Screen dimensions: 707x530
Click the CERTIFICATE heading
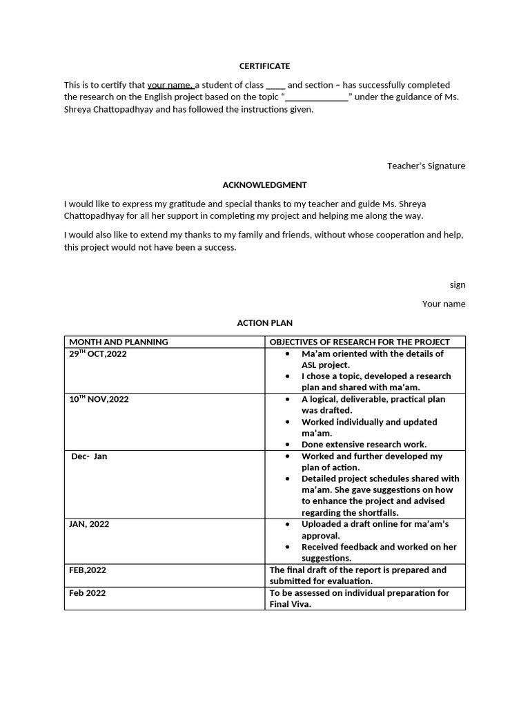264,66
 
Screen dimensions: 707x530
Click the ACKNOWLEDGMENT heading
264,185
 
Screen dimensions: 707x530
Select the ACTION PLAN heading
264,323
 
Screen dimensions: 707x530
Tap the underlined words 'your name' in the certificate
170,85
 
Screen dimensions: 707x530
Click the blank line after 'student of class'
275,86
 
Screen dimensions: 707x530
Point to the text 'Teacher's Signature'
426,166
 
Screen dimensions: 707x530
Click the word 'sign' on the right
458,284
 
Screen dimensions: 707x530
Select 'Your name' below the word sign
444,304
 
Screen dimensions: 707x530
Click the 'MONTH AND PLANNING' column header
118,342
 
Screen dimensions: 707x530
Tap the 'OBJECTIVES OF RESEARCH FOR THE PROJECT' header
359,342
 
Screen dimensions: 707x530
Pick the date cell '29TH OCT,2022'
97,354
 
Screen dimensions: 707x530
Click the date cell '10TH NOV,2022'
99,399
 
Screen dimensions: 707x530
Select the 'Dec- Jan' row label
89,456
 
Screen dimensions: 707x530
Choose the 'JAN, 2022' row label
89,524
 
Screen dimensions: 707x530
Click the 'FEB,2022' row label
88,570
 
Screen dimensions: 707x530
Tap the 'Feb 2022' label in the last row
88,593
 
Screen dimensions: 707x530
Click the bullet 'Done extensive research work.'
364,445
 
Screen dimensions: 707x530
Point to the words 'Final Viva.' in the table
290,604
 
